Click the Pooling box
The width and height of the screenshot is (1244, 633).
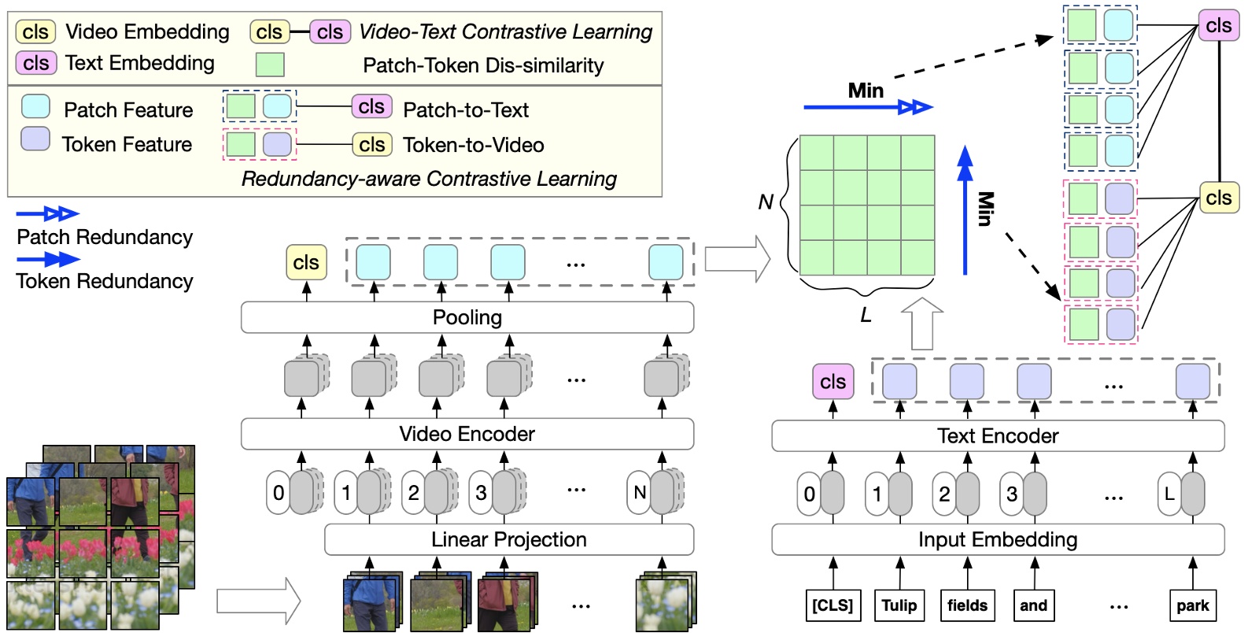(467, 317)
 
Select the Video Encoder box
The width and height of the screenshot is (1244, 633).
(467, 434)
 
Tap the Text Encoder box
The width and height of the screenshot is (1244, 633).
(997, 435)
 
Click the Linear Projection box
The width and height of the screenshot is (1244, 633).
(508, 539)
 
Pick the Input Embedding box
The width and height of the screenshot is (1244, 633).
(997, 539)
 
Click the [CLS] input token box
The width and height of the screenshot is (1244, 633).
(832, 605)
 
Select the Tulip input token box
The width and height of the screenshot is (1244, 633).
(899, 605)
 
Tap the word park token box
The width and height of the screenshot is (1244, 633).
(1192, 605)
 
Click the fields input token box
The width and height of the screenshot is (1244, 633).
(967, 605)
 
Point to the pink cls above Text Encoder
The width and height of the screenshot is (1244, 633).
(832, 382)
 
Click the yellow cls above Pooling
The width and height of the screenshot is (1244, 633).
(306, 262)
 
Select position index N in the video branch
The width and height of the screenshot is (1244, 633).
(640, 493)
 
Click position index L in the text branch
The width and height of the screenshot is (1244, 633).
(1169, 494)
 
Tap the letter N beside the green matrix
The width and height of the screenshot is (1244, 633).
(765, 202)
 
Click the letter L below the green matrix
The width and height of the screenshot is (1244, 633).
(866, 316)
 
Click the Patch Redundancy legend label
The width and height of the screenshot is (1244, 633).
(105, 237)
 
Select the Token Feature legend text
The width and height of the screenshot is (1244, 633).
(127, 144)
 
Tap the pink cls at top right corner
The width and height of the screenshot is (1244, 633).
(1218, 25)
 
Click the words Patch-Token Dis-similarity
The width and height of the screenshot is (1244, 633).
(483, 65)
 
